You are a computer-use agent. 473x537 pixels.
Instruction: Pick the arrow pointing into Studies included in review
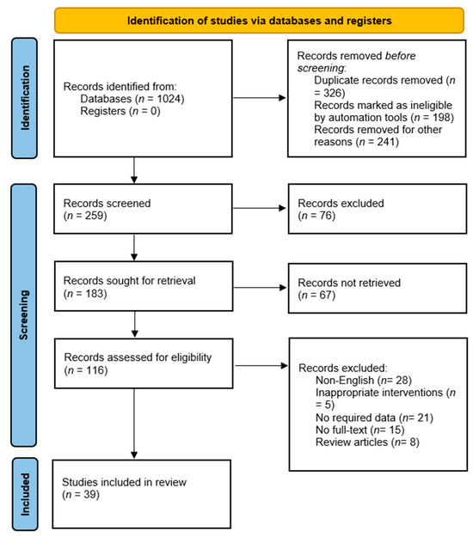tap(134, 430)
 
